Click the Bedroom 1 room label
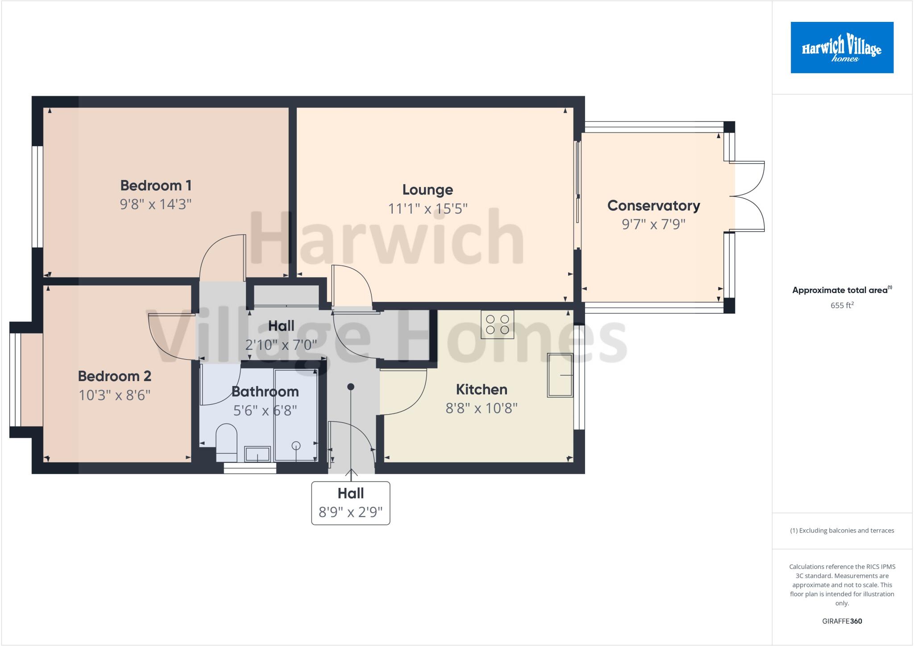[x=156, y=185]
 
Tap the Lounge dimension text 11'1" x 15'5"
[x=428, y=209]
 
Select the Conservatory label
[x=653, y=206]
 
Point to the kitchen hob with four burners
[x=497, y=324]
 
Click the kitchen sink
[x=560, y=375]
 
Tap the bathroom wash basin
[x=258, y=454]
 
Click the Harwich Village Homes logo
[x=842, y=47]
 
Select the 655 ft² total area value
[x=842, y=306]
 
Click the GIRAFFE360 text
[x=842, y=621]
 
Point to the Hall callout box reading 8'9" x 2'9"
[x=350, y=503]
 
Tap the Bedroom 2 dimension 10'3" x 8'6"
[x=115, y=395]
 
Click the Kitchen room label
[x=482, y=390]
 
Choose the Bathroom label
[x=265, y=391]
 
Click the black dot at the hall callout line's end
[x=351, y=386]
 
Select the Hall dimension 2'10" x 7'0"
[x=281, y=345]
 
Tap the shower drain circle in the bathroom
[x=296, y=445]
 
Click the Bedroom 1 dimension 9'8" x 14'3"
[x=156, y=204]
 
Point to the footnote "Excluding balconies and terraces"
[x=842, y=531]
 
